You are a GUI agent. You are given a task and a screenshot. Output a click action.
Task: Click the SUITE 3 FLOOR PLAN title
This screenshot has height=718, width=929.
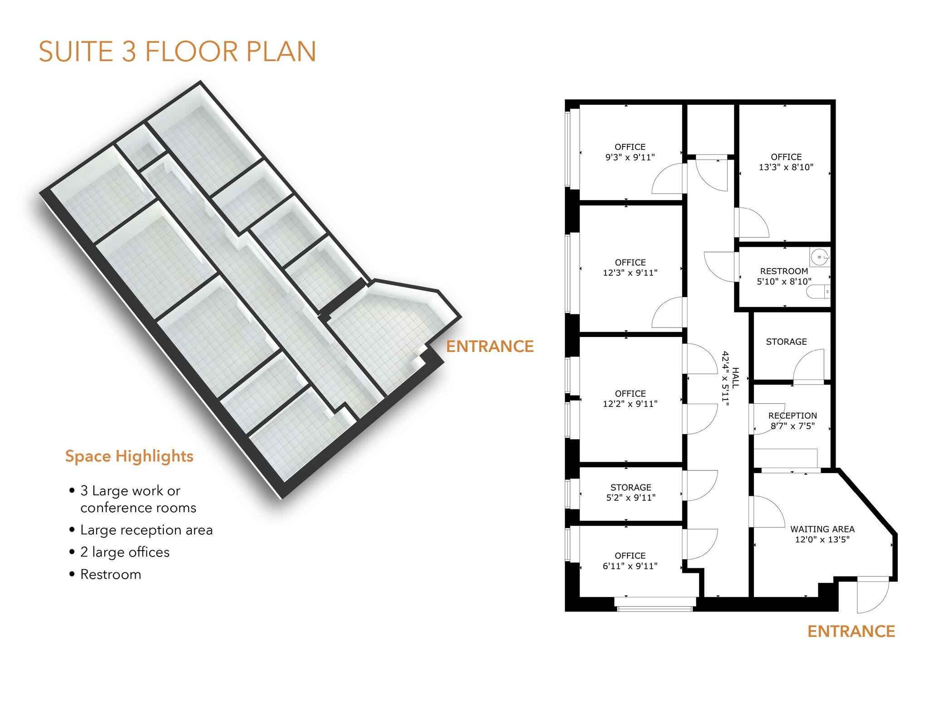177,51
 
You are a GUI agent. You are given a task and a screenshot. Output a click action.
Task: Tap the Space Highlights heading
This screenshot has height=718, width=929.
129,456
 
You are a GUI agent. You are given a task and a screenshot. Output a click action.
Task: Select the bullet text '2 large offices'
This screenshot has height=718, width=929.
125,552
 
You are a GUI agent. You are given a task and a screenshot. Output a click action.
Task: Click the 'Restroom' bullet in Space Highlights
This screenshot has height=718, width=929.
111,574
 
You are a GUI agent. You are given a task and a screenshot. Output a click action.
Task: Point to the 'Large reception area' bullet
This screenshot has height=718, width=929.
147,530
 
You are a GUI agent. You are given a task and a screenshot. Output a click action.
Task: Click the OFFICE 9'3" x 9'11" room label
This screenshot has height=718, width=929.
630,152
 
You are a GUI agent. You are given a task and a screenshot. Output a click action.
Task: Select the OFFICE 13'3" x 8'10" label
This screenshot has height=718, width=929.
786,162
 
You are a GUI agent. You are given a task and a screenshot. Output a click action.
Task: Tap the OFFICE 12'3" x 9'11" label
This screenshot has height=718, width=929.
630,268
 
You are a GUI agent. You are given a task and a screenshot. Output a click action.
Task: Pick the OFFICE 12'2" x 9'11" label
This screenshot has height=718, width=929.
630,399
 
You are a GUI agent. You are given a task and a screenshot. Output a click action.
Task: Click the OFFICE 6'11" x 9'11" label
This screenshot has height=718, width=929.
630,561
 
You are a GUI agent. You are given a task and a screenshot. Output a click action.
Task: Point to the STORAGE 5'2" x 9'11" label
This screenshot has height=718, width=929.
631,493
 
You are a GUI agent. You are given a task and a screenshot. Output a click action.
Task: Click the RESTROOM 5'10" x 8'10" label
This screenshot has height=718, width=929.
784,276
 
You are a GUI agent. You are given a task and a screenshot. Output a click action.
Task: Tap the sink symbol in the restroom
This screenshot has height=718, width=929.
820,257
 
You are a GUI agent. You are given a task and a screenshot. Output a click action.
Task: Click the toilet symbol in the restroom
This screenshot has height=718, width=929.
818,292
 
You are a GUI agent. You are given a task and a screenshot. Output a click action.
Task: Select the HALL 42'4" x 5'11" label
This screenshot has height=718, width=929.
730,378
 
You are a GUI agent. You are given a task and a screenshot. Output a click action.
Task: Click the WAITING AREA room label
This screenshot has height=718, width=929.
822,534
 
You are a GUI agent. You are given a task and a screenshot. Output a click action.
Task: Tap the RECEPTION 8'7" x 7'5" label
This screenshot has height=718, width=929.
792,420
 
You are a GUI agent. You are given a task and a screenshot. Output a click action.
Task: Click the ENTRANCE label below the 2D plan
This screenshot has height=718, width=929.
851,631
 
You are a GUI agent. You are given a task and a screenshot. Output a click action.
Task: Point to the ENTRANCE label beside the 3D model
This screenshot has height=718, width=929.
490,347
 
